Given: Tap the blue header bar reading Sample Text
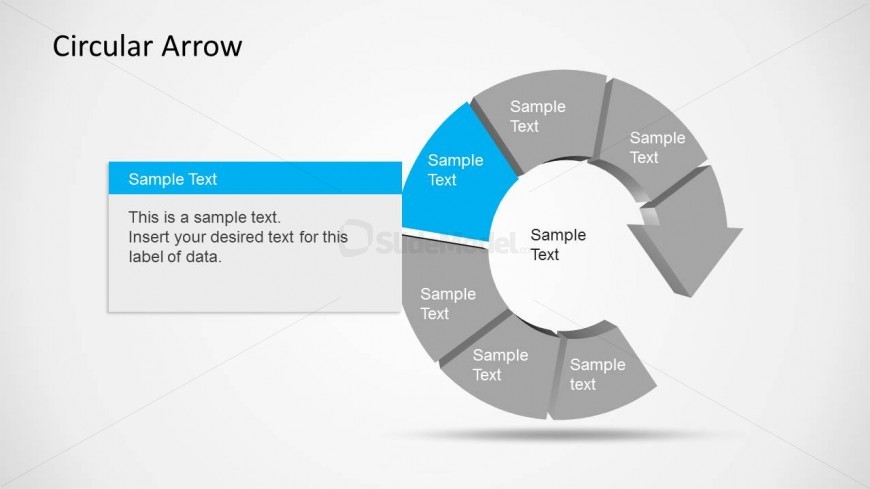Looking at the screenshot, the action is pos(255,178).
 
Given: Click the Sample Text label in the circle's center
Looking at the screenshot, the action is pos(558,245).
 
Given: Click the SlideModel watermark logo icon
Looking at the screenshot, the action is pos(356,238).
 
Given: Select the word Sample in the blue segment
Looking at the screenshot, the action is pos(456,160).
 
